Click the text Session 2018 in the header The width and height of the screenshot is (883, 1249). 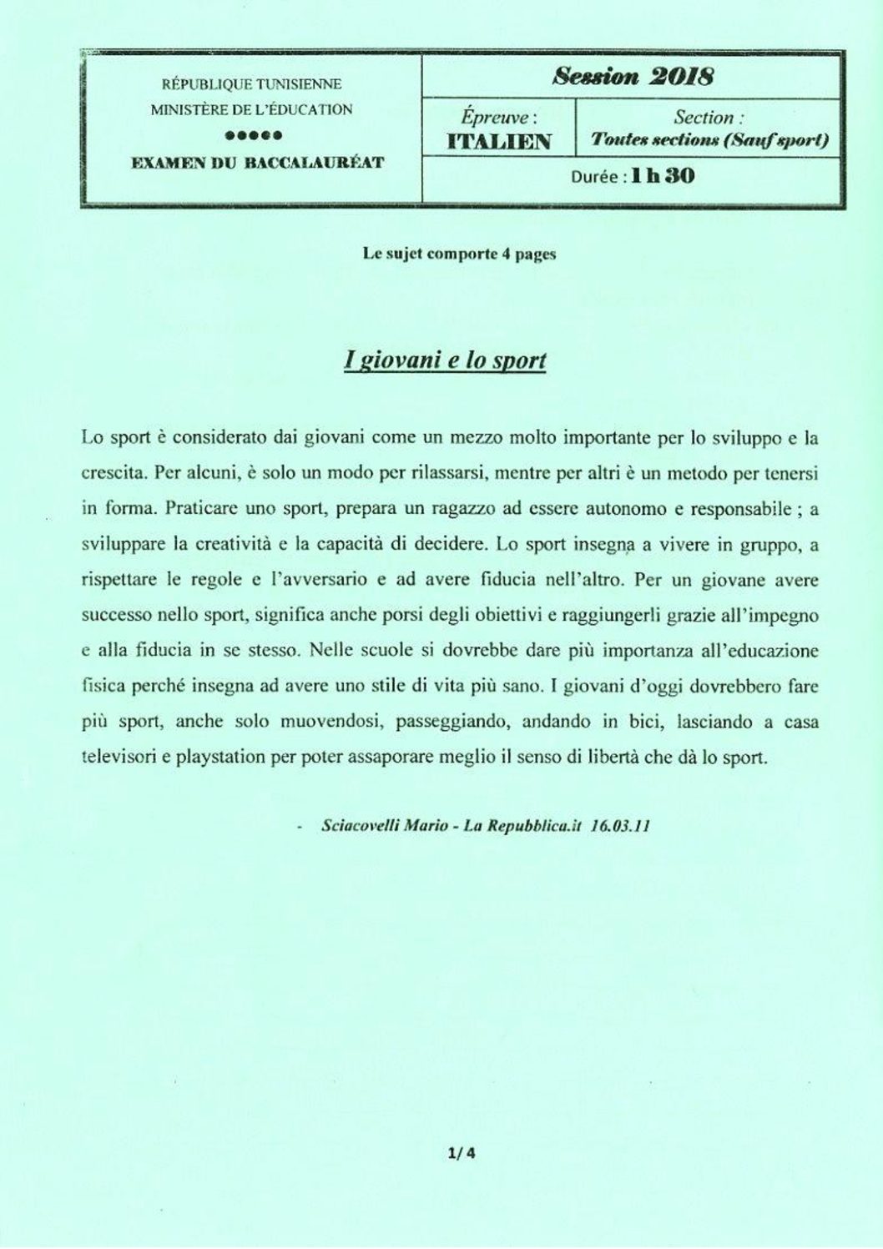(633, 77)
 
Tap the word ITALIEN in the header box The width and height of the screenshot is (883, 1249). (499, 141)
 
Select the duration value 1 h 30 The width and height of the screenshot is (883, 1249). (664, 176)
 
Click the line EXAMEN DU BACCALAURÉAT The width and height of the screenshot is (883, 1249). (258, 163)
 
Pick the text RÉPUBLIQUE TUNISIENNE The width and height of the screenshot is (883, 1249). (252, 84)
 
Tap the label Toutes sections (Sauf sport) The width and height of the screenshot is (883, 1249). (709, 140)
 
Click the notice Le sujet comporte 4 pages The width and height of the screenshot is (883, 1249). (459, 255)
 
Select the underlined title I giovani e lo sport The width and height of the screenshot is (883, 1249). (445, 360)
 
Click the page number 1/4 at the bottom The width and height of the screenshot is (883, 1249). (461, 1155)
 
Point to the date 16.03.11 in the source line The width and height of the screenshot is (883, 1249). (619, 826)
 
